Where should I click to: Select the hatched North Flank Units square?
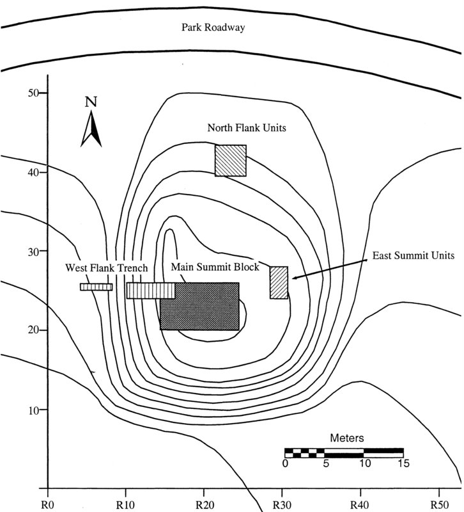click(x=230, y=160)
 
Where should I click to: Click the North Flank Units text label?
click(x=246, y=128)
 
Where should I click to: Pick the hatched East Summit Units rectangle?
click(x=279, y=282)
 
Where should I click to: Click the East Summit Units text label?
click(x=413, y=255)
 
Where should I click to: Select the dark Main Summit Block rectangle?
click(x=199, y=307)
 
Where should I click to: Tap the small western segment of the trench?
click(x=96, y=287)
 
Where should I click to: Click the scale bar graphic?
click(x=344, y=452)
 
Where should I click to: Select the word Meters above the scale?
click(x=347, y=438)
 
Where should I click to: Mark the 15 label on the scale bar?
click(x=403, y=463)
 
